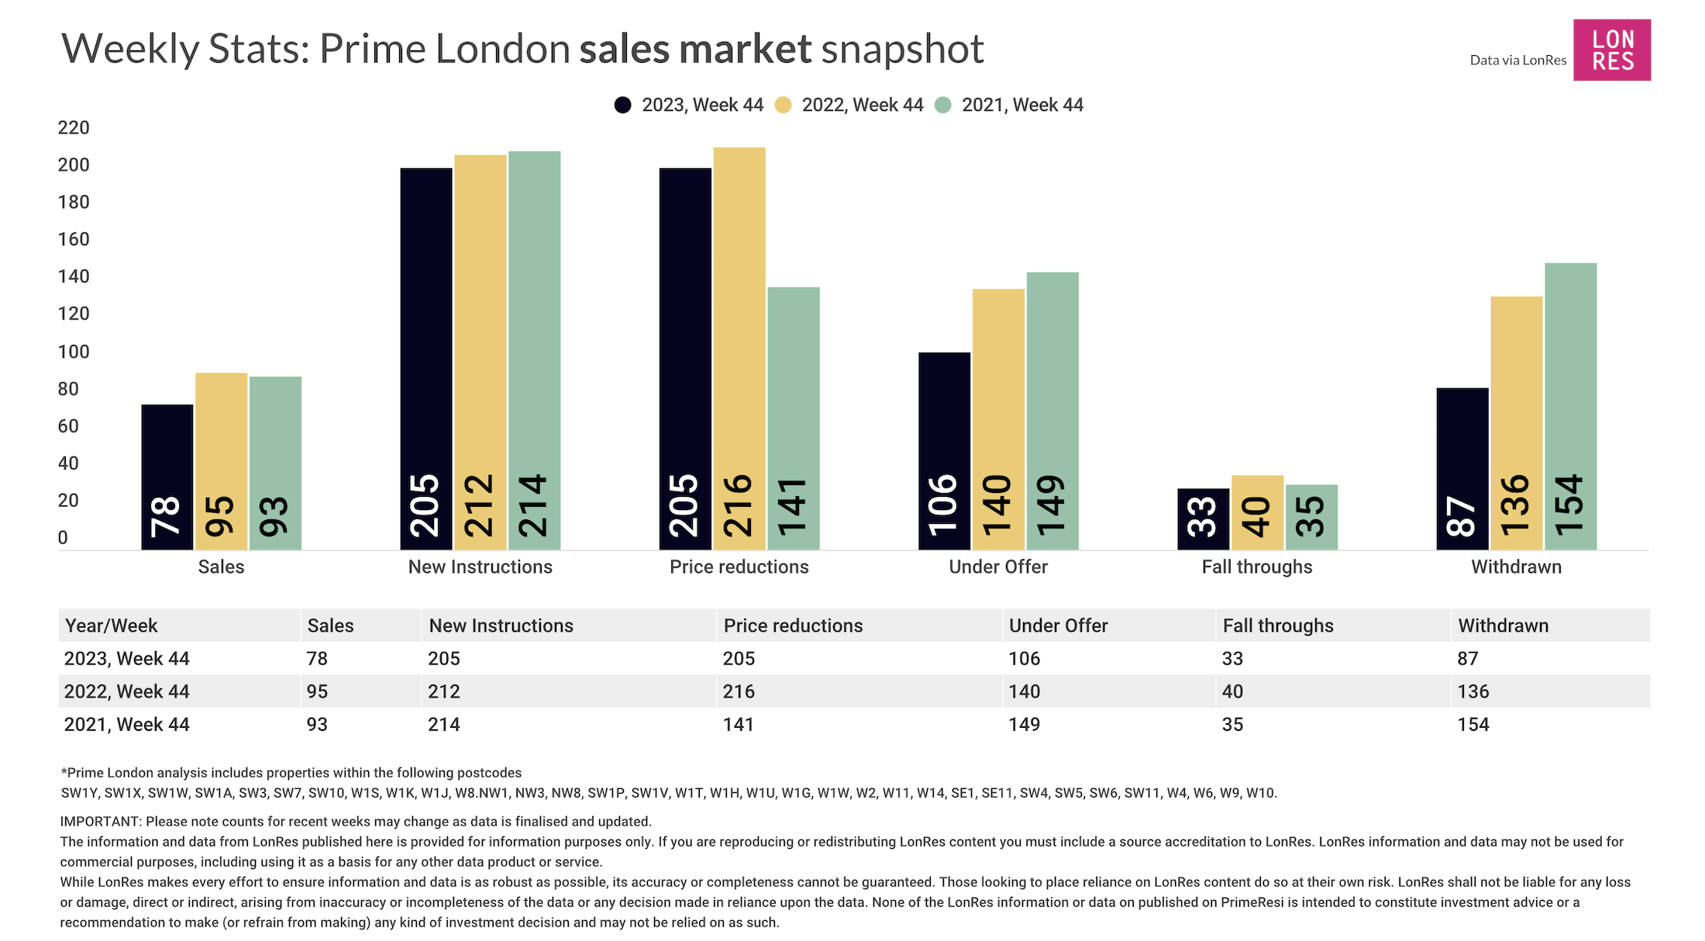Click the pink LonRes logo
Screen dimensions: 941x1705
(x=1611, y=50)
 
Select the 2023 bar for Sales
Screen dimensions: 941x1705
(x=167, y=477)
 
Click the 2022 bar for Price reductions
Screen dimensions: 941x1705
(x=739, y=349)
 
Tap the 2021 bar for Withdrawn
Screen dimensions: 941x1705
(x=1570, y=406)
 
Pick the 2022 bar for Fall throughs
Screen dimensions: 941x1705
(x=1257, y=512)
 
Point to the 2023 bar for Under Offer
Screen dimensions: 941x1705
(x=944, y=451)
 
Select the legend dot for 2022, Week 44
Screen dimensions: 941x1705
(x=783, y=105)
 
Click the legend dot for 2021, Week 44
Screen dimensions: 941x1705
(x=942, y=105)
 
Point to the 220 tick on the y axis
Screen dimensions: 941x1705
(x=74, y=128)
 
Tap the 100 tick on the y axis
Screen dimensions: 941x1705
(x=74, y=352)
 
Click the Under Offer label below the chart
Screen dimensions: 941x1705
(x=998, y=567)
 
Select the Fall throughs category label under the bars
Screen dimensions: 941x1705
(x=1257, y=567)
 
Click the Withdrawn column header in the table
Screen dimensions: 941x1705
(x=1503, y=626)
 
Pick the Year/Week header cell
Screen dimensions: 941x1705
(x=111, y=626)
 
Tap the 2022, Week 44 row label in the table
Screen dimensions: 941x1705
(x=126, y=691)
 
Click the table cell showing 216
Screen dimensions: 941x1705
(x=739, y=691)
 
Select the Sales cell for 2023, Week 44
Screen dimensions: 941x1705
(x=317, y=659)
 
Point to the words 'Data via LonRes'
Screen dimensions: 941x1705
(x=1517, y=60)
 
